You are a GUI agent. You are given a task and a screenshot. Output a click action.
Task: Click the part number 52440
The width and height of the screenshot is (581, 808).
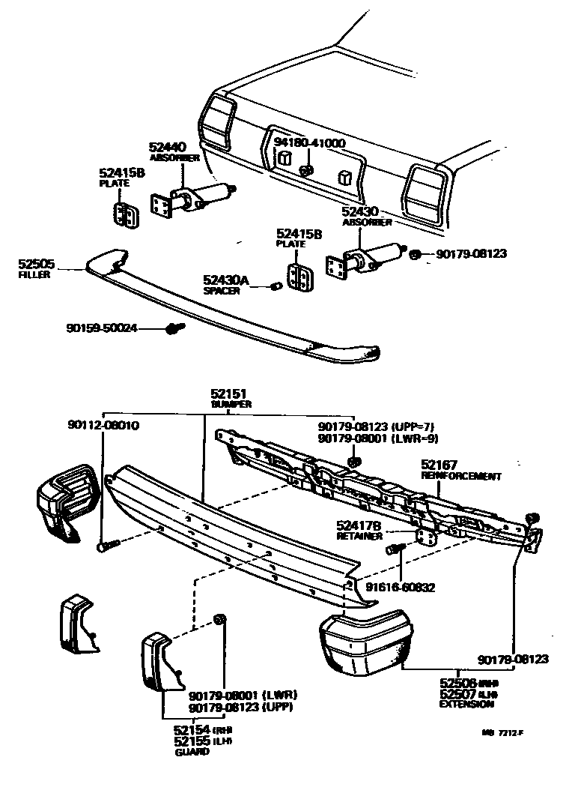[166, 148]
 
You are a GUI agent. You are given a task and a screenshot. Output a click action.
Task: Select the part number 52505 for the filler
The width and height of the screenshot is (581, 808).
[37, 264]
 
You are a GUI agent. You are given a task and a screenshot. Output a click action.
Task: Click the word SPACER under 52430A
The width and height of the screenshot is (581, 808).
[222, 291]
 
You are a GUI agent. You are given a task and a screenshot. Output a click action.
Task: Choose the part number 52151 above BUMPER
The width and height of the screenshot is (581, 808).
[228, 393]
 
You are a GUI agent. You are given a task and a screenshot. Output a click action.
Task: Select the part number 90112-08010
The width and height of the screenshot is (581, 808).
[103, 426]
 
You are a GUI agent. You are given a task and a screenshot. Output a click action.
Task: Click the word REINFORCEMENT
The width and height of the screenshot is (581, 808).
[461, 476]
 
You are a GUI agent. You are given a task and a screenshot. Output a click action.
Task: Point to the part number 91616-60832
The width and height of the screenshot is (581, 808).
[401, 588]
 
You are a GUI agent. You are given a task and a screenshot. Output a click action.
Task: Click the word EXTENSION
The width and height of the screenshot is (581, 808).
[466, 705]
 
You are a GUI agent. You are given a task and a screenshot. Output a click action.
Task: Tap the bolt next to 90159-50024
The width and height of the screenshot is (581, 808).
[174, 328]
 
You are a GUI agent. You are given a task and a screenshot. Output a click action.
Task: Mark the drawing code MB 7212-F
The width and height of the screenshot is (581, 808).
[502, 733]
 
